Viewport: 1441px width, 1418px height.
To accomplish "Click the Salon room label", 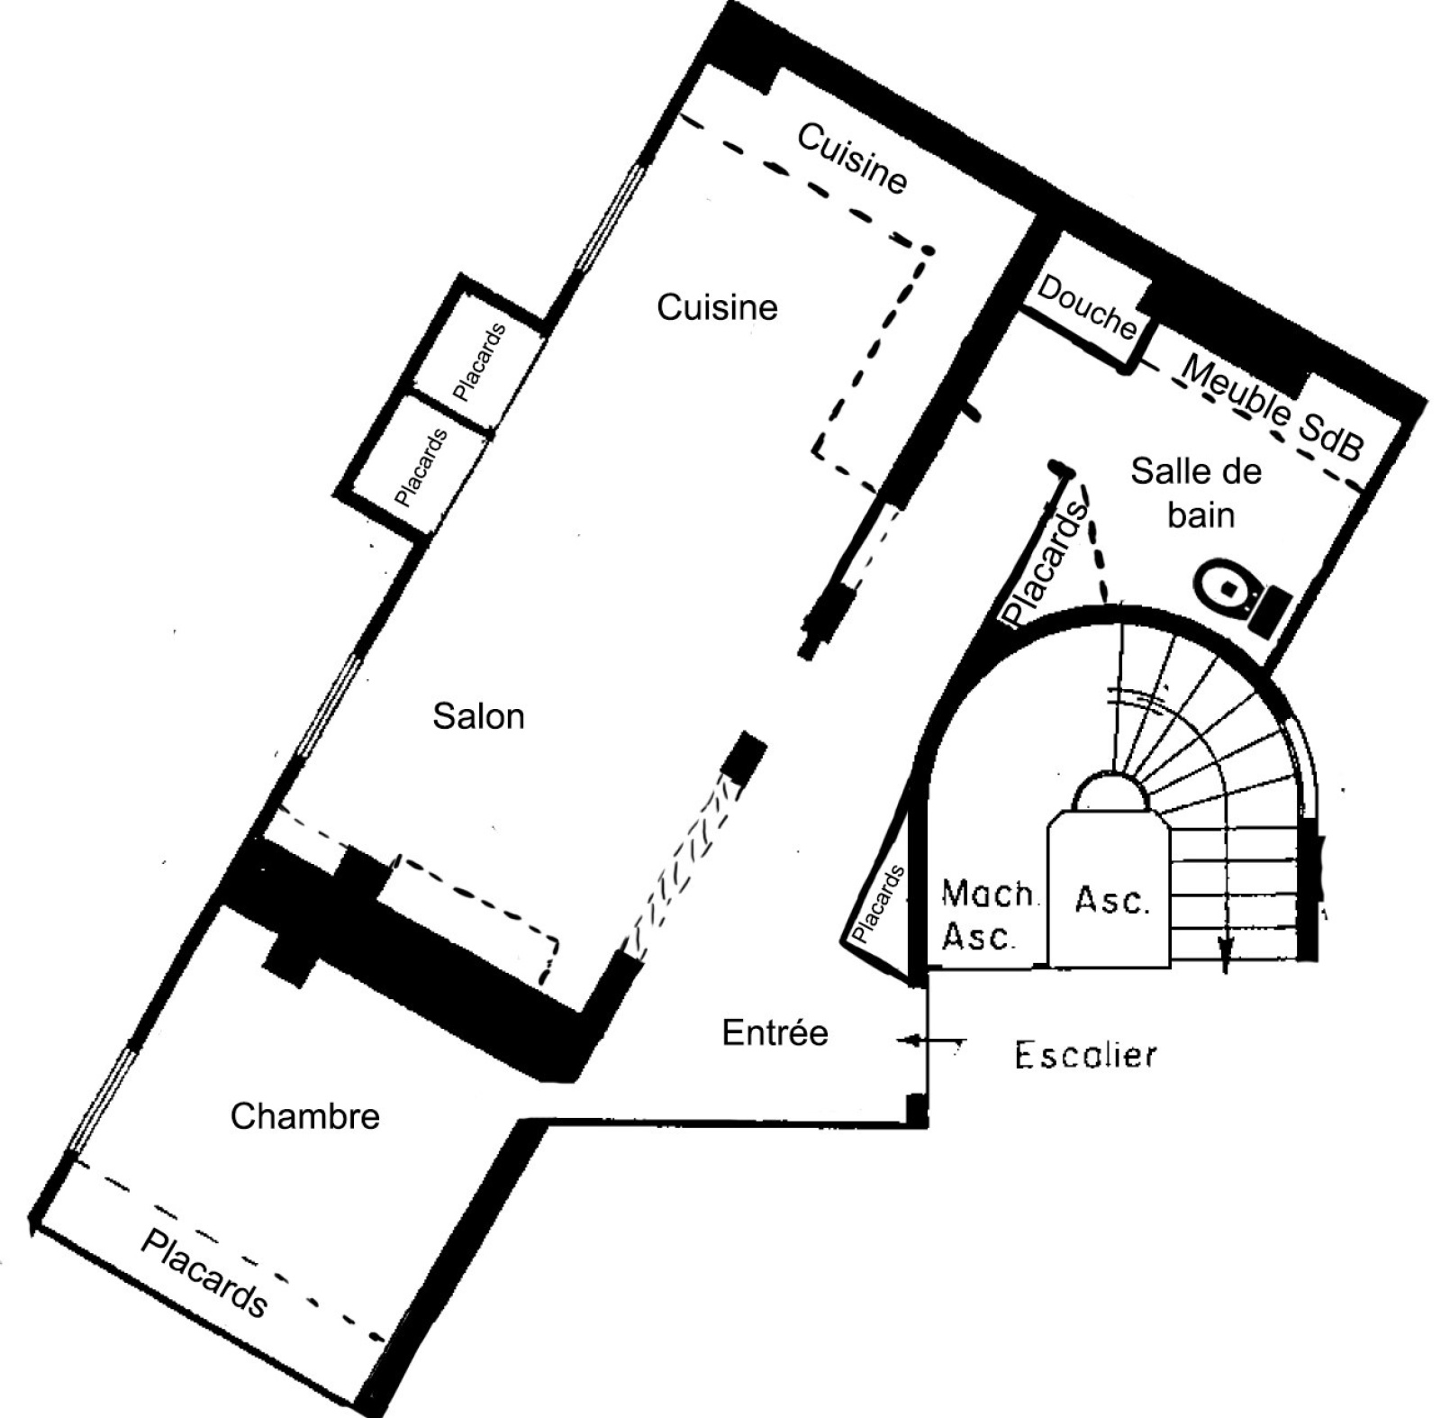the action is (x=478, y=717).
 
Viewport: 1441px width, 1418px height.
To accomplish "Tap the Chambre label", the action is (x=305, y=1116).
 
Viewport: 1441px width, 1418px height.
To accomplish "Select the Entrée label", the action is (x=775, y=1032).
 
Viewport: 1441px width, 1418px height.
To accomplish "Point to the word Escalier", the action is (x=1085, y=1055).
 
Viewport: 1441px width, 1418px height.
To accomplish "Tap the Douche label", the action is (x=1087, y=307).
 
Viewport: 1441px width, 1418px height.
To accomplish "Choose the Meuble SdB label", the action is (x=1272, y=408).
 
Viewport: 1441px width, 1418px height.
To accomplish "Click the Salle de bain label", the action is (x=1197, y=493).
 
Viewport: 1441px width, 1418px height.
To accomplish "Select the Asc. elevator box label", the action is (x=1112, y=900).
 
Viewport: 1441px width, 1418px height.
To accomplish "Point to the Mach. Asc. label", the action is (x=989, y=915).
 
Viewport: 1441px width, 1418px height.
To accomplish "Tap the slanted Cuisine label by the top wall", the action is (x=852, y=159).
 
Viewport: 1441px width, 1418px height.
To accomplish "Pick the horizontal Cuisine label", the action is (x=717, y=308).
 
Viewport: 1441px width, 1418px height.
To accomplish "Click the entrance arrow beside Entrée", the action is (x=931, y=1041).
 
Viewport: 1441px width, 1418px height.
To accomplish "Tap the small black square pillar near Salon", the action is (x=746, y=756).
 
